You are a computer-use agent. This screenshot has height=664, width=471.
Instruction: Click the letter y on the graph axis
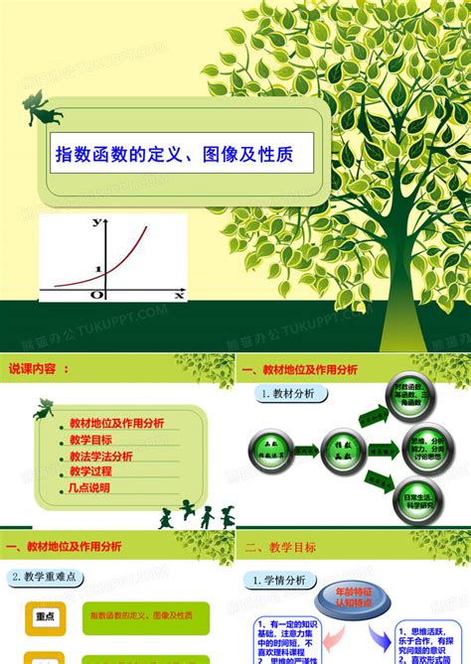[96, 223]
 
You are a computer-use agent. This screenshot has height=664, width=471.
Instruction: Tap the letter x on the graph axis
[179, 295]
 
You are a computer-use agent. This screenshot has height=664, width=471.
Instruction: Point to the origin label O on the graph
[96, 295]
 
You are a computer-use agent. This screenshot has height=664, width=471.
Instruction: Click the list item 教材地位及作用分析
[116, 423]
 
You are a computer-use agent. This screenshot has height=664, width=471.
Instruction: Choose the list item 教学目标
[90, 440]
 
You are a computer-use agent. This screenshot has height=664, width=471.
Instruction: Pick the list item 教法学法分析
[100, 457]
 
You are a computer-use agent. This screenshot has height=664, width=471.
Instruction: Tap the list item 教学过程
[90, 472]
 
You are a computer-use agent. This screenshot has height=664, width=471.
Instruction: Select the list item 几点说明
[90, 489]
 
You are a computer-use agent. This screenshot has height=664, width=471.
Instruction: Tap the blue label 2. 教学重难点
[47, 577]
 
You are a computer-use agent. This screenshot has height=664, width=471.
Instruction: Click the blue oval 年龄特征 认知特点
[351, 599]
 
